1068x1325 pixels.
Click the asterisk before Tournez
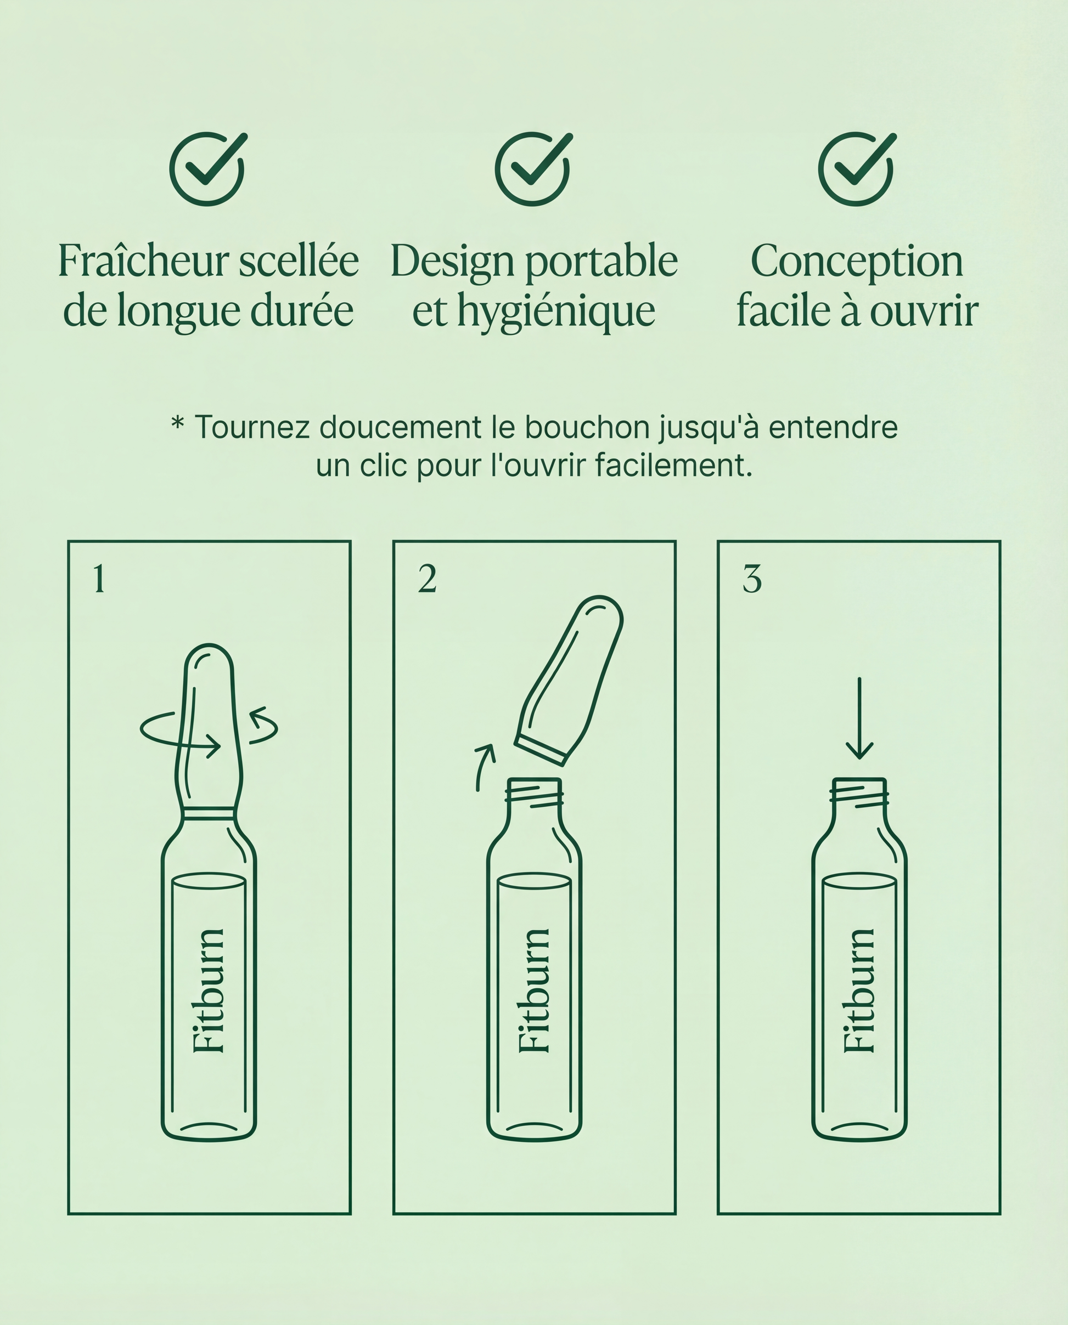[x=177, y=423]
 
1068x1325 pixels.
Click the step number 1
[x=99, y=579]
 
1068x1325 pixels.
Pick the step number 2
[x=427, y=579]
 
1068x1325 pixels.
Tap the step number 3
[x=752, y=579]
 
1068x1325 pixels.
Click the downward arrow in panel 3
[x=859, y=718]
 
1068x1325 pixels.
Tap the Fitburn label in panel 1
[x=209, y=990]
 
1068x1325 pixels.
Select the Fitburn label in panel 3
[x=859, y=990]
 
